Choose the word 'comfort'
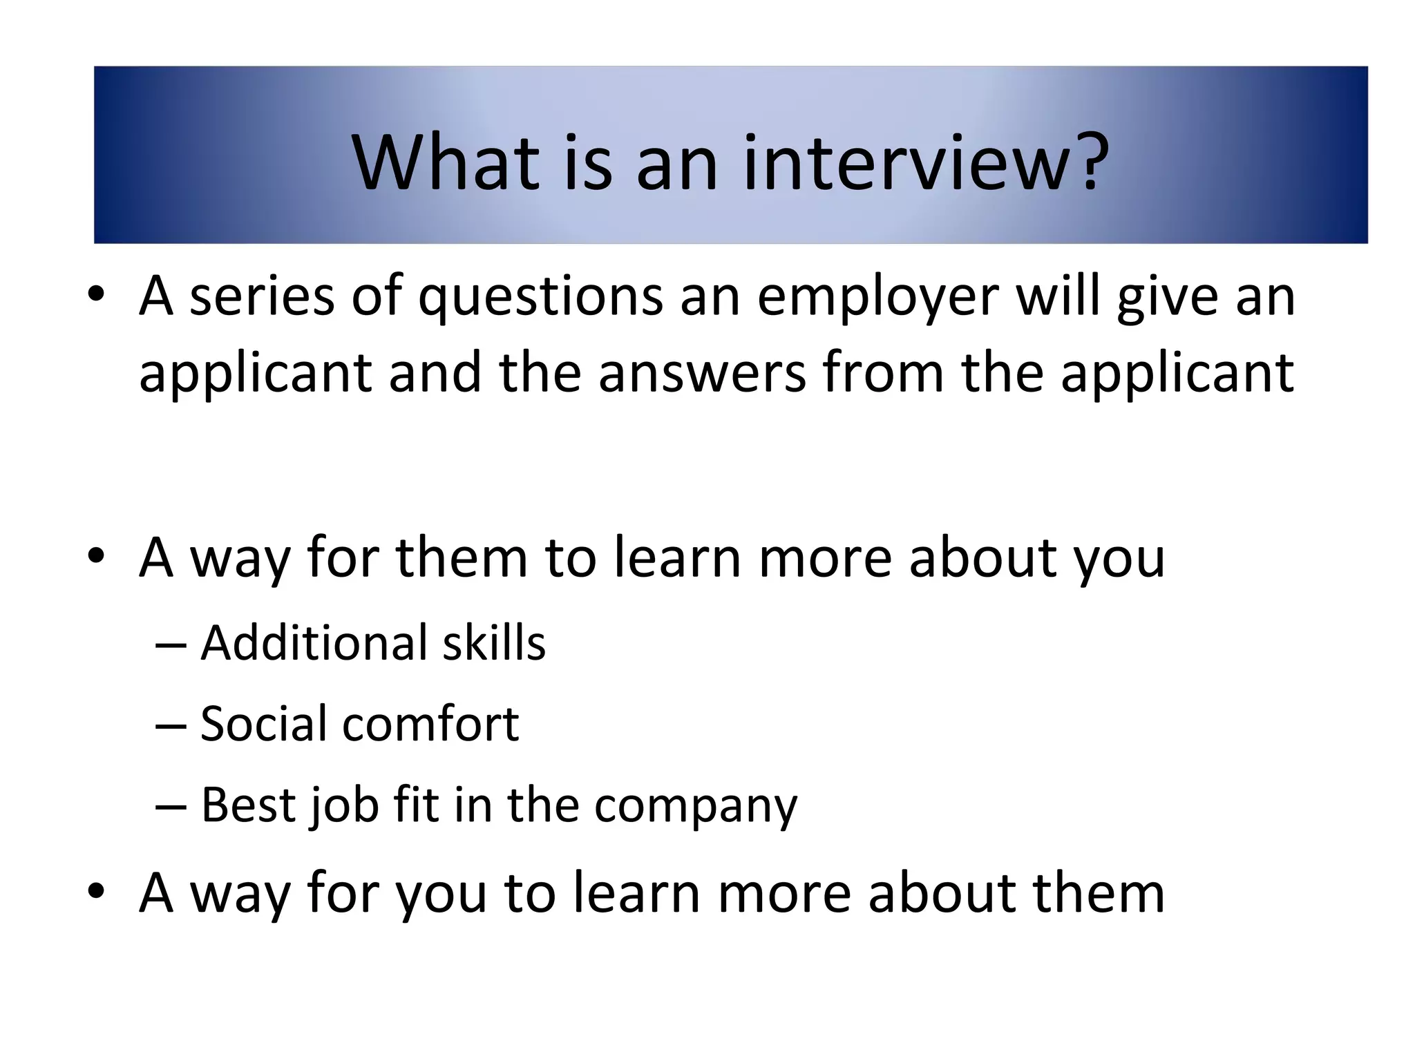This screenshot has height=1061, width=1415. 430,724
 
